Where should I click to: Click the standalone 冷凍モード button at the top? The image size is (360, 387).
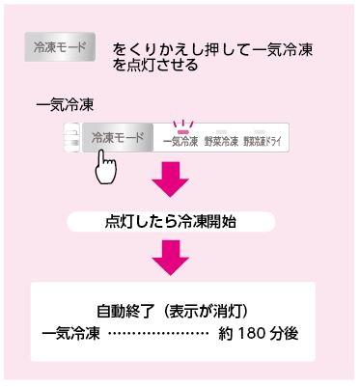(60, 47)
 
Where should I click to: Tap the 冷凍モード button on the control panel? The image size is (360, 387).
(118, 138)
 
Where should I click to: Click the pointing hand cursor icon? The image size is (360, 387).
(105, 167)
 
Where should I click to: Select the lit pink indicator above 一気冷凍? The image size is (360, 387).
(183, 131)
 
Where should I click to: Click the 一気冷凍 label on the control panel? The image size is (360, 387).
(180, 142)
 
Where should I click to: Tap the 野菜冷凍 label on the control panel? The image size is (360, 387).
(221, 142)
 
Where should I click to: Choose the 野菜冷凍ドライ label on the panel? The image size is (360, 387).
(262, 142)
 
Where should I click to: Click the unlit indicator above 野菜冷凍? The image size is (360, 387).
(221, 132)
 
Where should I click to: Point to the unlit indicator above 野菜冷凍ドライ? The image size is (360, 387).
(260, 132)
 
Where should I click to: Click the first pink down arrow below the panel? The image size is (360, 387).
(170, 179)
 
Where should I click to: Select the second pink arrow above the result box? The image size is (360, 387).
(170, 258)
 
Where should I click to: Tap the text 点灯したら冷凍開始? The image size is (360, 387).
(171, 222)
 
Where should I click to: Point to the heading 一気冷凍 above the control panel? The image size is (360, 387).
(65, 105)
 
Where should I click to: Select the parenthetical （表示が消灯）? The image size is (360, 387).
(206, 311)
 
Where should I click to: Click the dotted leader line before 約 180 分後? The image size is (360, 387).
(158, 334)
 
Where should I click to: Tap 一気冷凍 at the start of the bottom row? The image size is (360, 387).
(70, 334)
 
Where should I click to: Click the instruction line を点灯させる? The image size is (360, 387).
(155, 65)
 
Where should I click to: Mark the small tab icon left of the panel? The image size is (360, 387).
(72, 138)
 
